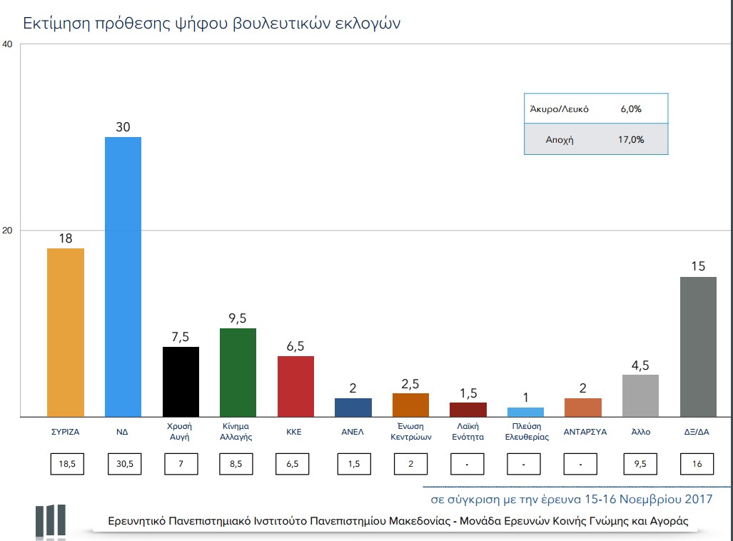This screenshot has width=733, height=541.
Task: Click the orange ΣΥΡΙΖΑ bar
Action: point(65,332)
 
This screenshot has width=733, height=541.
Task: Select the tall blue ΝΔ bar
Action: point(123,277)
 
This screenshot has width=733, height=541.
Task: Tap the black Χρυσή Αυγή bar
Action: point(181,381)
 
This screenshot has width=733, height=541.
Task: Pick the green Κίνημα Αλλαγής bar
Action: point(238,372)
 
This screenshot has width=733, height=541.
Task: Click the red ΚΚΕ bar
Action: point(295,386)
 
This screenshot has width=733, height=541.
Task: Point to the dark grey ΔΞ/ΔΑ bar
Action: point(698,346)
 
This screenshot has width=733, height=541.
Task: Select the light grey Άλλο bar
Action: point(641,395)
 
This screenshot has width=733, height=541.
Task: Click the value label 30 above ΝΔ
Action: point(123,126)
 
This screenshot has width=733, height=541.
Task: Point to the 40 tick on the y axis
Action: point(8,44)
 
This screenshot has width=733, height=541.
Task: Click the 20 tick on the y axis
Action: point(8,231)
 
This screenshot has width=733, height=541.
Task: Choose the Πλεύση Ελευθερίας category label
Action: point(527,432)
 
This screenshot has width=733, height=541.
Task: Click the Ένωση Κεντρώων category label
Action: point(411,432)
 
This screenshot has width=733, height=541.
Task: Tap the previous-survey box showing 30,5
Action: point(123,464)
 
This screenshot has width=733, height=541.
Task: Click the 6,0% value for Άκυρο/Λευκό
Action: point(630,109)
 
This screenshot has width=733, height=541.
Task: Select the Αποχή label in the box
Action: point(560,140)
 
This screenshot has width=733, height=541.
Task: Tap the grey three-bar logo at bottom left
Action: point(50,520)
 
